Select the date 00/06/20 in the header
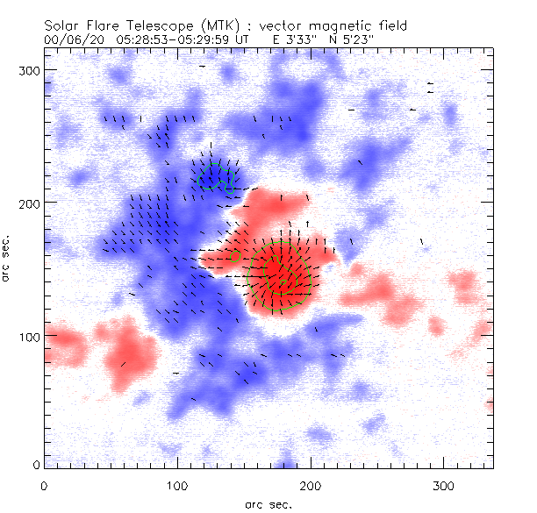tap(70, 40)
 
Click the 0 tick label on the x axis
tap(44, 484)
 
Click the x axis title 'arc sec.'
tap(268, 503)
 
